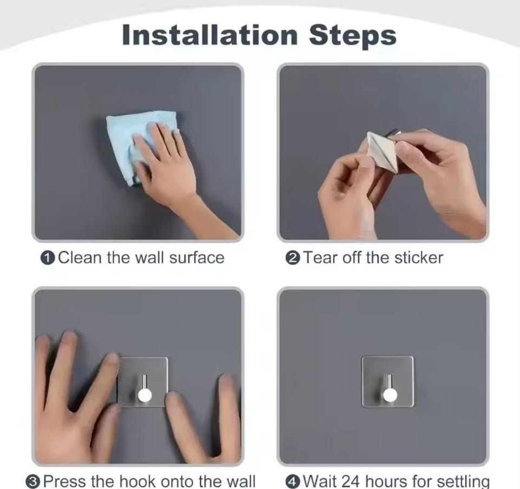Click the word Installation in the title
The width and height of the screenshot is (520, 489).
tap(210, 35)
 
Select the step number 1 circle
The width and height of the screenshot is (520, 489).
tap(48, 258)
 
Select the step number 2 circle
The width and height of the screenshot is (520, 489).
tap(292, 258)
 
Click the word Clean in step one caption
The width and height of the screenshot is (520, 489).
tap(80, 257)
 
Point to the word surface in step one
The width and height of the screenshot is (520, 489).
tap(197, 257)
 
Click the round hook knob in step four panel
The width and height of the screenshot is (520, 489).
tap(390, 395)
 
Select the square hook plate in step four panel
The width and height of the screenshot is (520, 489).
tap(388, 382)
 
